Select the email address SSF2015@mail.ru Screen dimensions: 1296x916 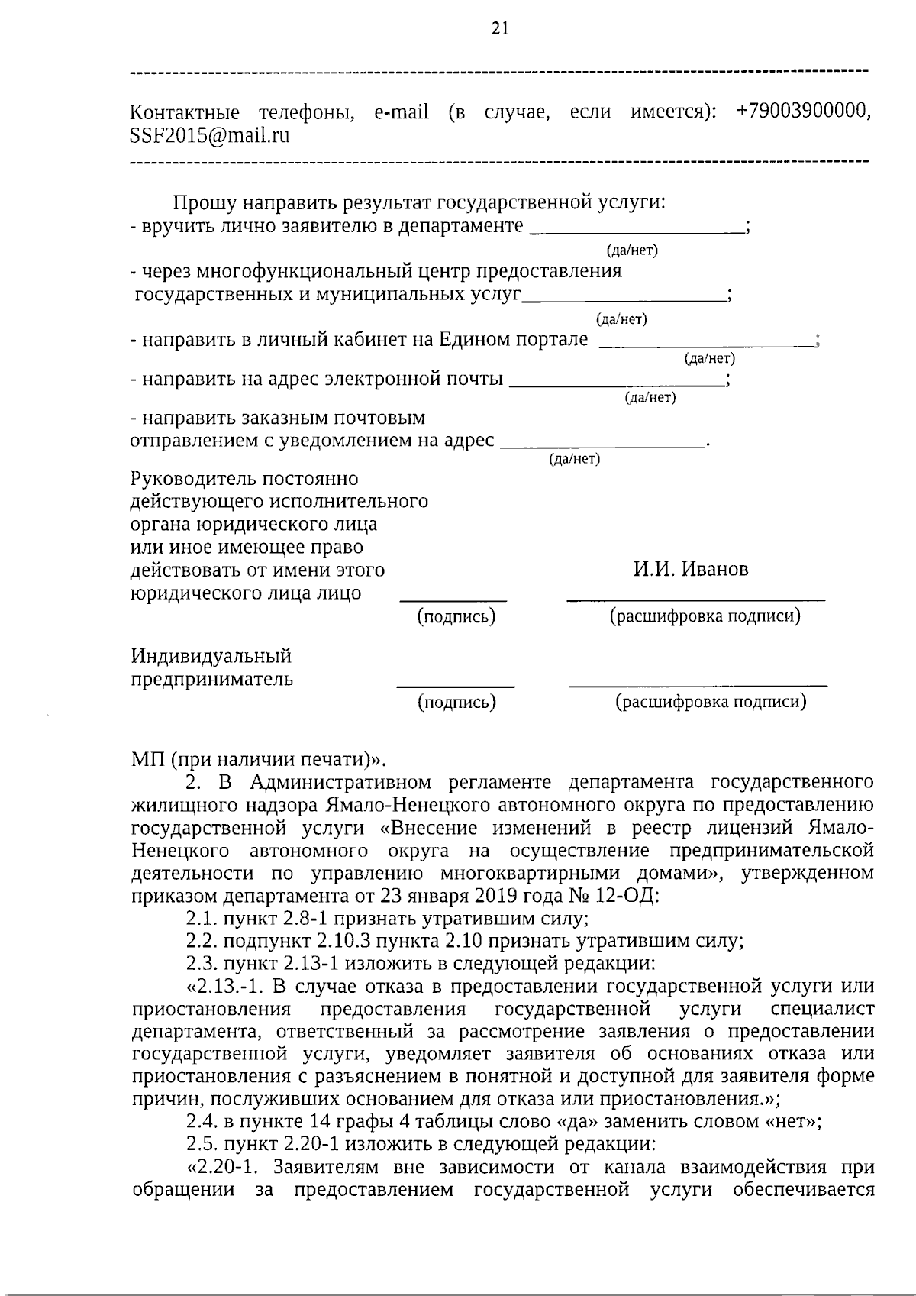click(210, 136)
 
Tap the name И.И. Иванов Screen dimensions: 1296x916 click(691, 570)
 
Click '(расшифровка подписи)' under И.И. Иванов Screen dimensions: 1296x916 click(704, 616)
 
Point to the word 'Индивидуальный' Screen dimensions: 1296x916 click(211, 656)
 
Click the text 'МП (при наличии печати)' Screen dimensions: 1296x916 click(253, 760)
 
